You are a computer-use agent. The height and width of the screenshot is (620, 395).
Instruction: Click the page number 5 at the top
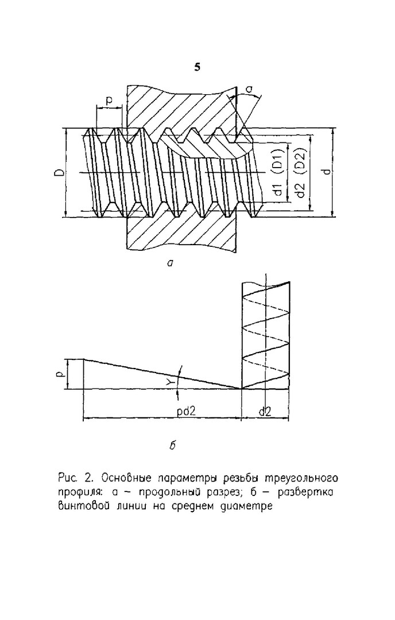pos(197,68)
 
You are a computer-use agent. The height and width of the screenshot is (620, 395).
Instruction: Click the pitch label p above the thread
pos(109,100)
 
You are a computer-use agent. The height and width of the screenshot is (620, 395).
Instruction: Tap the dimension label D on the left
pos(60,173)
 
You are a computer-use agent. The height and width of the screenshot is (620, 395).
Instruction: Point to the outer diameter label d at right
pos(326,173)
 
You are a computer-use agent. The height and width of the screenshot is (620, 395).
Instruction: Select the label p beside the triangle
pos(60,373)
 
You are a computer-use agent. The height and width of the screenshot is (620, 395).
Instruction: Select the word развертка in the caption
pos(307,493)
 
